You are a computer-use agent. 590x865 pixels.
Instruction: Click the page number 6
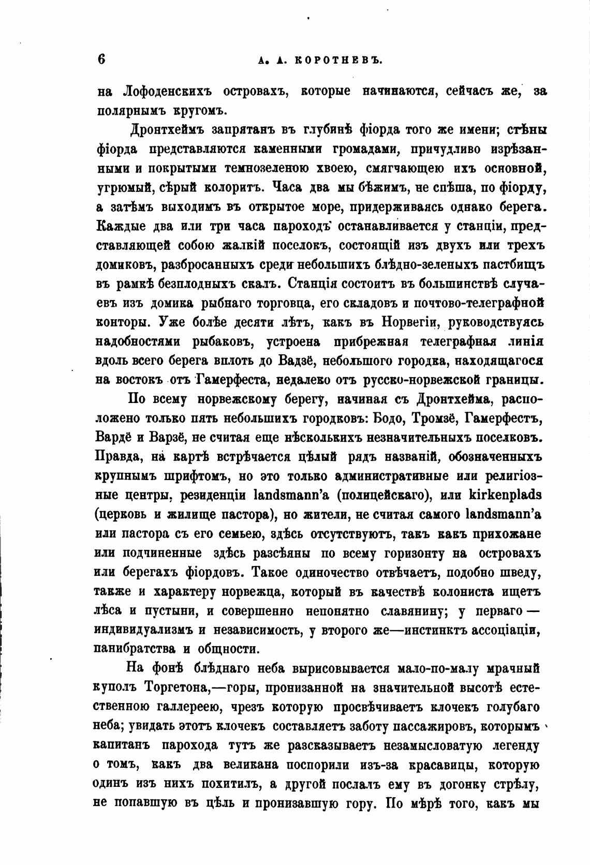click(x=101, y=58)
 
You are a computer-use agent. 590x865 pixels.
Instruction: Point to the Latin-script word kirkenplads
click(x=498, y=495)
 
